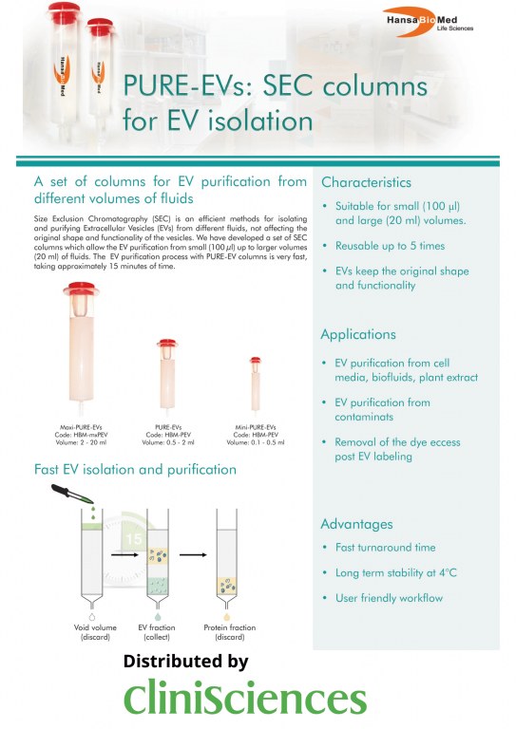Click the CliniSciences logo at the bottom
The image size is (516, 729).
pos(245,700)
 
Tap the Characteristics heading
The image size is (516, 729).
pos(366,181)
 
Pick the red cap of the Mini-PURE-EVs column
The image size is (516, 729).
pos(255,361)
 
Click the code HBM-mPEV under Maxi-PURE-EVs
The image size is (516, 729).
pos(81,435)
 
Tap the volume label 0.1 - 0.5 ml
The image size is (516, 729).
pos(255,442)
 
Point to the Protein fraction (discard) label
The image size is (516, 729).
pos(229,632)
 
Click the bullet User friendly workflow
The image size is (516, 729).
pos(389,598)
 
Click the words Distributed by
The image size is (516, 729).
pos(186,662)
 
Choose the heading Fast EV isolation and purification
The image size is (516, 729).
pos(135,470)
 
